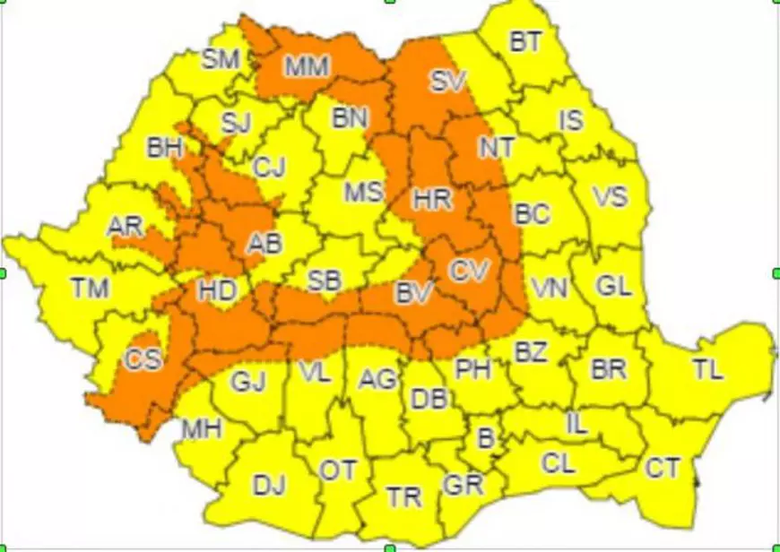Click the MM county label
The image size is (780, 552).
tap(308, 65)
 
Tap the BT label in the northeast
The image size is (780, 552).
tap(527, 41)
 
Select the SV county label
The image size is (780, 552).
tap(447, 82)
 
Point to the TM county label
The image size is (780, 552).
tap(90, 289)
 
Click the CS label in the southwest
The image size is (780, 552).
tap(143, 359)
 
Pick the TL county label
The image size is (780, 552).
tap(707, 368)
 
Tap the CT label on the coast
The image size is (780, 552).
tap(663, 467)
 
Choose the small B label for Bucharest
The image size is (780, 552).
tap(486, 438)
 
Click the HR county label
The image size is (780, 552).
tap(432, 199)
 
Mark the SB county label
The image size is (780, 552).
tap(324, 280)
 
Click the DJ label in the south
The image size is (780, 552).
tap(268, 486)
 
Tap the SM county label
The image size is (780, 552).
tap(221, 60)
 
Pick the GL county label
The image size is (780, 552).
tap(615, 287)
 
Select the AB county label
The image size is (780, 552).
tap(264, 243)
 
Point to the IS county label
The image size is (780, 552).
tap(571, 120)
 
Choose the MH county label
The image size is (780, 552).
tap(202, 429)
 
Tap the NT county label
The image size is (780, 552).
tap(496, 147)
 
